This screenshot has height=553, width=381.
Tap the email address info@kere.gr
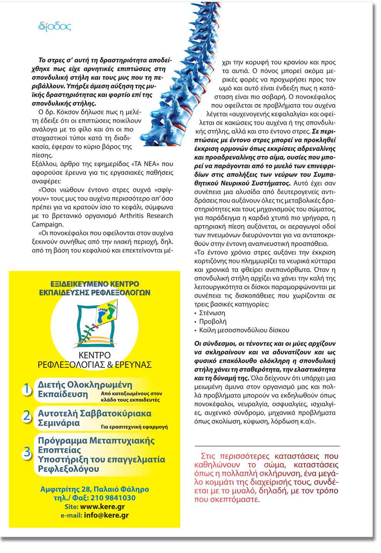click(106, 515)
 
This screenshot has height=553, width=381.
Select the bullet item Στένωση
click(212, 313)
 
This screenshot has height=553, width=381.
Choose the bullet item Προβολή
click(213, 322)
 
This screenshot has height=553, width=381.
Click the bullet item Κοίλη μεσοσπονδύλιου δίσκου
click(244, 330)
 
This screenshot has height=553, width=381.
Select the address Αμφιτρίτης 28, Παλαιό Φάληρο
click(95, 489)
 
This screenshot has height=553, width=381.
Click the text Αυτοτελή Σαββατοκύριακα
click(95, 413)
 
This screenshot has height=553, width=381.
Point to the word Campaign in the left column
click(47, 224)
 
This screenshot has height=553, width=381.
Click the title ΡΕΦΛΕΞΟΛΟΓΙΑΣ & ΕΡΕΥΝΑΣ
click(95, 365)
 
